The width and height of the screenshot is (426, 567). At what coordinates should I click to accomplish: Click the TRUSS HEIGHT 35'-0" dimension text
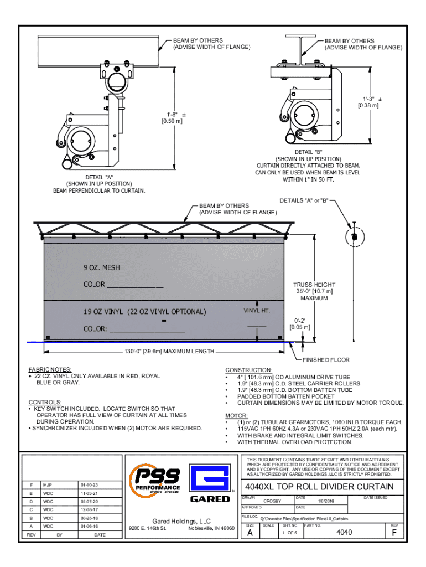click(x=314, y=291)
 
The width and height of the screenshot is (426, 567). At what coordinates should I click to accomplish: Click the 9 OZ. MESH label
click(x=102, y=268)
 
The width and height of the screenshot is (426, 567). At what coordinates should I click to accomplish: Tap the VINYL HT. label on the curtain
click(x=256, y=311)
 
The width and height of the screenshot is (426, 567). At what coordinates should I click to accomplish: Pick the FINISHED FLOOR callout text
click(x=326, y=360)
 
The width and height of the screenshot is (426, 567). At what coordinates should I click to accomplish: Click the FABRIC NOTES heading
click(x=50, y=369)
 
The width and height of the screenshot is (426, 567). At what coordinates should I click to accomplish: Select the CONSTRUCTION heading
click(x=248, y=370)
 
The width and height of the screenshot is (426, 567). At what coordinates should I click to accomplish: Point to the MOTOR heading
click(x=236, y=415)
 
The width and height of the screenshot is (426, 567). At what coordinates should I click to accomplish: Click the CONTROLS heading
click(x=46, y=402)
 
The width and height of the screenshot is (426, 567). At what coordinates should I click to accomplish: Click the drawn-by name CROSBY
click(x=272, y=501)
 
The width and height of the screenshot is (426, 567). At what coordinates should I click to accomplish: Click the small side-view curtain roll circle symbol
click(x=354, y=236)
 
